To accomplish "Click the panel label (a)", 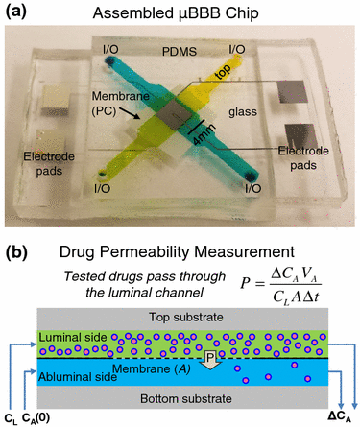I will coord(18,12).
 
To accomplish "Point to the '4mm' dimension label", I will coord(207,134).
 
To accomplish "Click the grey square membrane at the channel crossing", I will coord(175,119).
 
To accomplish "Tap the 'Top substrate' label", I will coord(183,318).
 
